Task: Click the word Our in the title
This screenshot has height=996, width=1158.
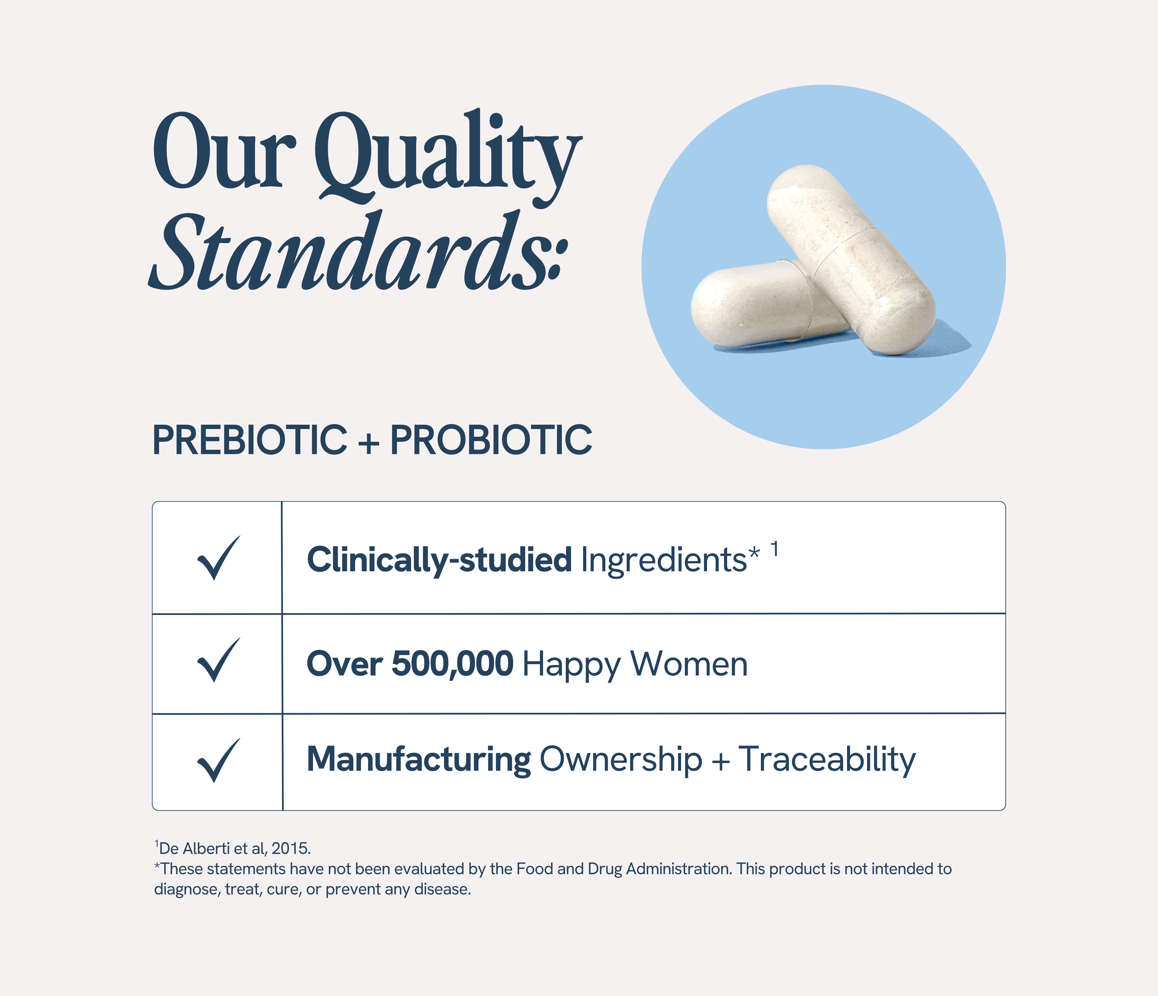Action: pyautogui.click(x=224, y=154)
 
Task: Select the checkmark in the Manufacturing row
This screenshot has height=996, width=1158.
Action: pyautogui.click(x=218, y=761)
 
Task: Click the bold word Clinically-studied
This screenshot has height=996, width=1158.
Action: pyautogui.click(x=439, y=560)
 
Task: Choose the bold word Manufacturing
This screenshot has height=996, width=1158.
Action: pyautogui.click(x=419, y=760)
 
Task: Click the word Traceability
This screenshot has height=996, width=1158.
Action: pyautogui.click(x=827, y=760)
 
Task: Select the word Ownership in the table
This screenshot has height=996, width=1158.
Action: pyautogui.click(x=620, y=760)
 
